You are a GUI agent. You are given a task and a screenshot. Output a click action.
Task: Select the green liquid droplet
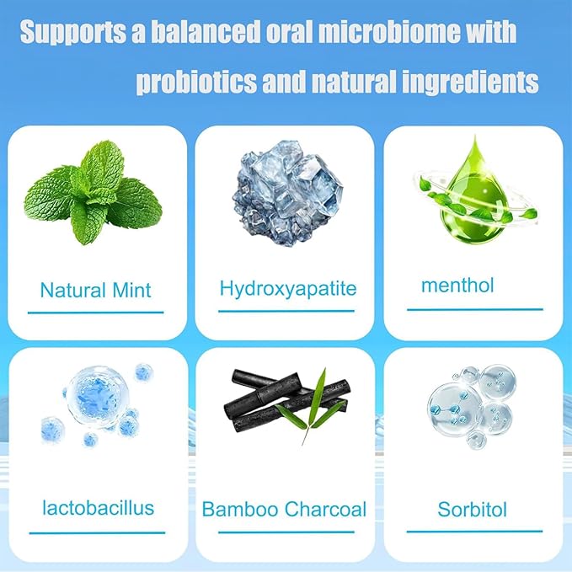[x=468, y=195]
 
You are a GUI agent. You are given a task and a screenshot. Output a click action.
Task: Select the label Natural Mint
[x=95, y=291]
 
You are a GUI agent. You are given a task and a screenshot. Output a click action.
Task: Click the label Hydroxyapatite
[x=288, y=289]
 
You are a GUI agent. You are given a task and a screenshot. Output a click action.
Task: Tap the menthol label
[x=457, y=285]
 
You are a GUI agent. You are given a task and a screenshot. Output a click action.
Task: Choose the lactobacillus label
[x=98, y=507]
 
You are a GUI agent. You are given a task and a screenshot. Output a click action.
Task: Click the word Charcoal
[x=325, y=510]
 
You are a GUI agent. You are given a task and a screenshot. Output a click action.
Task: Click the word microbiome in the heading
[x=400, y=35]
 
